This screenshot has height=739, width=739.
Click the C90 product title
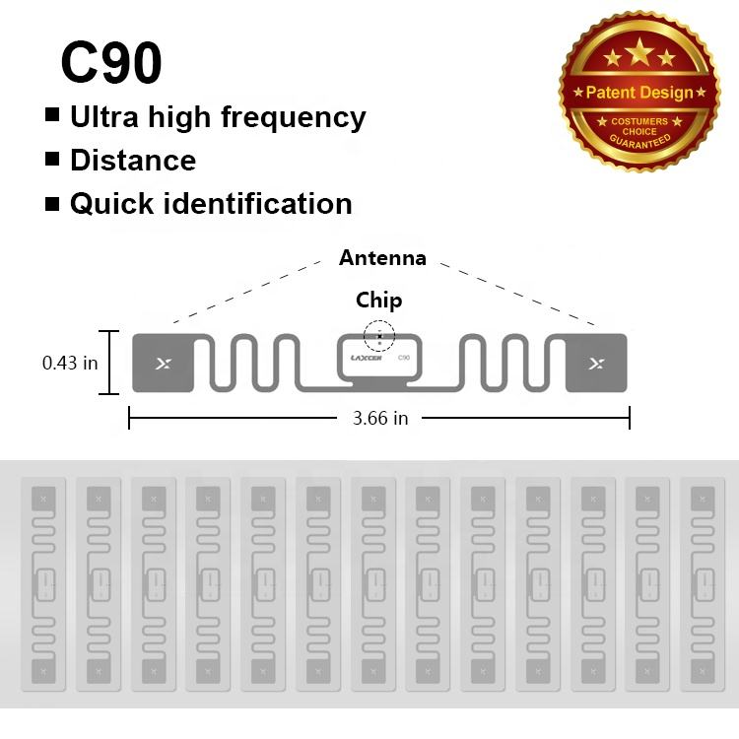(111, 62)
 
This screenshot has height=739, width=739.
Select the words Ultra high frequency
(217, 117)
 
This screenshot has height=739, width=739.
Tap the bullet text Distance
(133, 160)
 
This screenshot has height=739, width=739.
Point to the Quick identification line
(210, 204)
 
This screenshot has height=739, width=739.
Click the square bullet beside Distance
(53, 159)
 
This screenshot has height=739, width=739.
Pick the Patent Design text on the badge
(639, 92)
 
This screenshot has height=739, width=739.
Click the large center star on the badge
(639, 50)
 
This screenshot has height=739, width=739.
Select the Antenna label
(382, 258)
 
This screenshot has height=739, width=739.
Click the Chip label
(379, 300)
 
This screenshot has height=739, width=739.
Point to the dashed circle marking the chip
(378, 336)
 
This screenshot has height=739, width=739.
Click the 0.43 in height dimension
(70, 363)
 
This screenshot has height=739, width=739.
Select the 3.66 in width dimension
(380, 418)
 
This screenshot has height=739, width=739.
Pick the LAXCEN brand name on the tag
(368, 359)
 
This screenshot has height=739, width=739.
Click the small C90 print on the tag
(403, 358)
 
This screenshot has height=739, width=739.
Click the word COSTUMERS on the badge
(639, 121)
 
